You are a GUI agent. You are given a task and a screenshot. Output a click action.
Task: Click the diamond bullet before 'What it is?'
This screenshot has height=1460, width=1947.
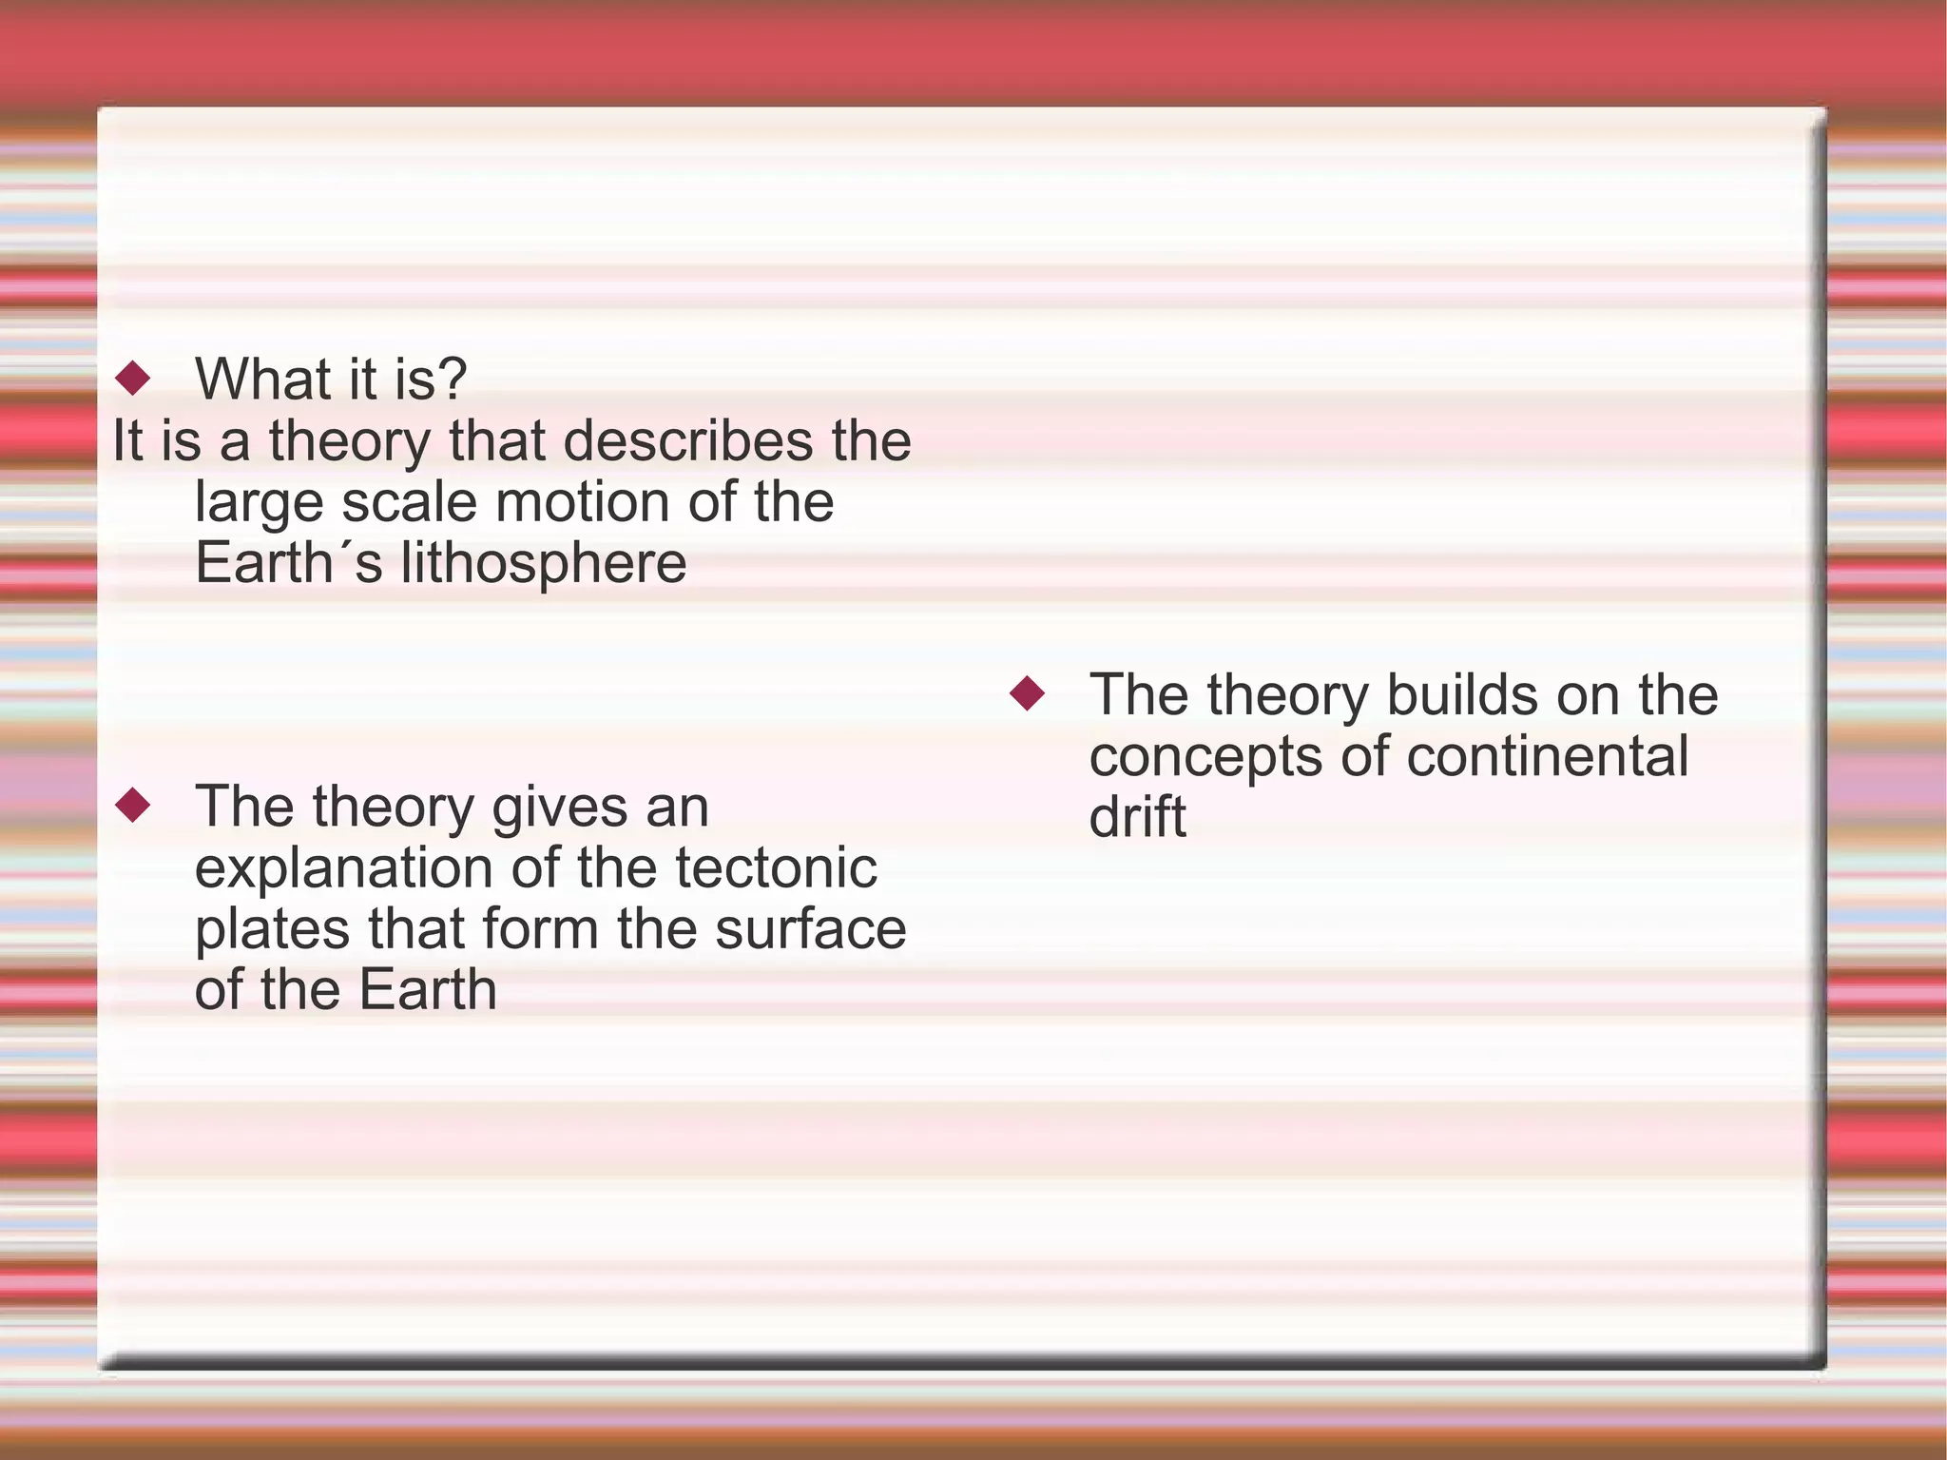click(132, 379)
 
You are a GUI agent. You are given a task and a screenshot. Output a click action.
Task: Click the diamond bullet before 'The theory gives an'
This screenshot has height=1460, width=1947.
click(132, 806)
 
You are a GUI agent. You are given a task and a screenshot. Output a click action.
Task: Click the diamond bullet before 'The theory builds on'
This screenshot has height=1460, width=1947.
click(1027, 693)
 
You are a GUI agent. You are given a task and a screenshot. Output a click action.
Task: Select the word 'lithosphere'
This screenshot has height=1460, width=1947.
click(543, 562)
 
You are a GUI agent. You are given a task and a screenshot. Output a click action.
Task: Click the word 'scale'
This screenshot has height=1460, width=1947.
click(409, 501)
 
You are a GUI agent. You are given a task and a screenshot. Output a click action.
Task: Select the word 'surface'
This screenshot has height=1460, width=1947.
click(810, 928)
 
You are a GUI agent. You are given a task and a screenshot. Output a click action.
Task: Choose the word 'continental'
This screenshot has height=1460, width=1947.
click(1547, 756)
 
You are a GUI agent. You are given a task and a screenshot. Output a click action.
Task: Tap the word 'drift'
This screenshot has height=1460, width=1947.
click(1137, 816)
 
